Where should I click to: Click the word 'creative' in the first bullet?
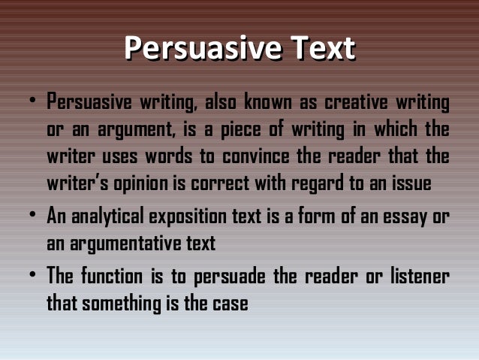352,101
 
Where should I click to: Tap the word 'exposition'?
175,217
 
